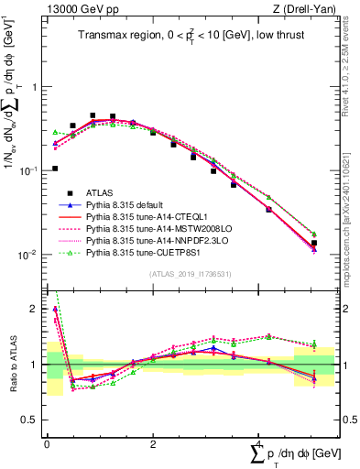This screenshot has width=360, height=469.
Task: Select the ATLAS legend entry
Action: click(x=102, y=192)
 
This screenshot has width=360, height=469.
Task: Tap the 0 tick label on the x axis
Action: click(x=47, y=444)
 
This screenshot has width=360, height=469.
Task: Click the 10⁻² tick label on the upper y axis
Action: click(x=29, y=255)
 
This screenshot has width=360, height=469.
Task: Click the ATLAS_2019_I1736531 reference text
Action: click(x=190, y=274)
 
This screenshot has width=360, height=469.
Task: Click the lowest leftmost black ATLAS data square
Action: click(x=54, y=169)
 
